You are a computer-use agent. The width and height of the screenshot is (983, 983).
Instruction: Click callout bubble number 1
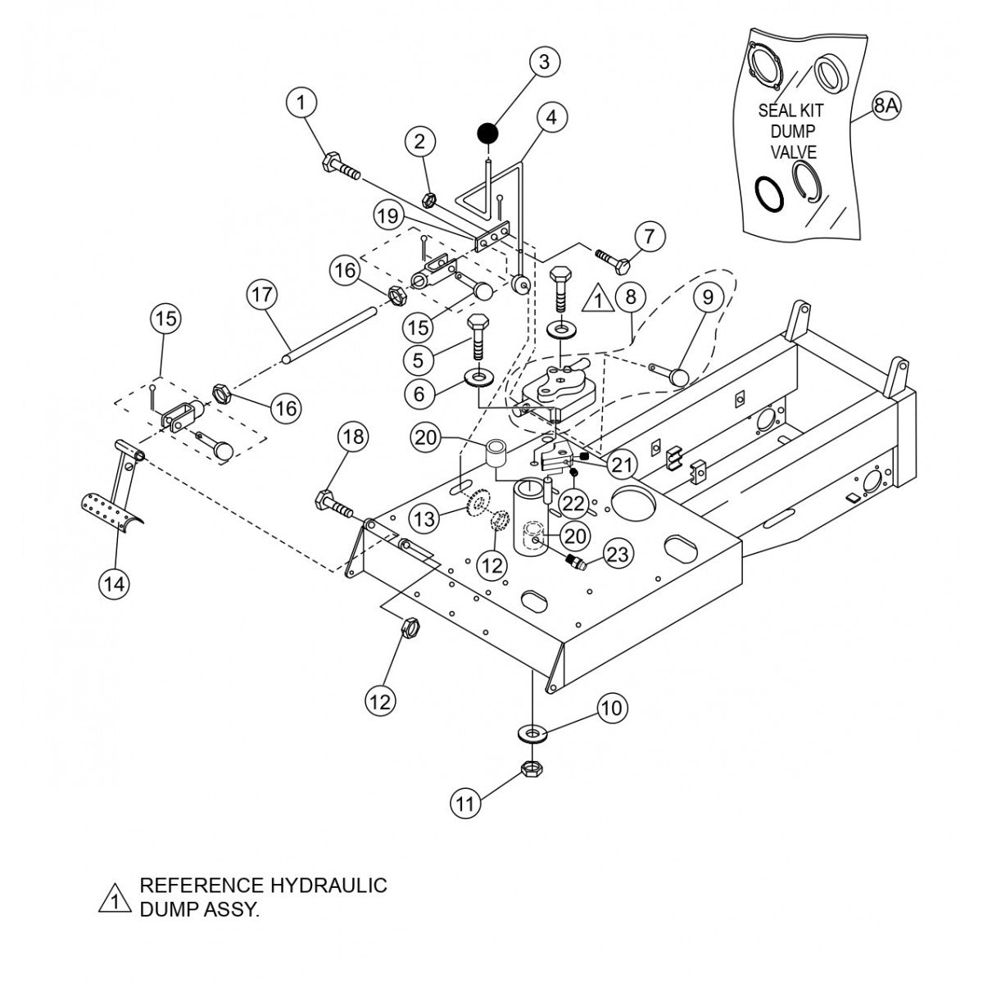301,103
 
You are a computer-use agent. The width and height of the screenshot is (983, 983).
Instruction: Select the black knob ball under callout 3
488,131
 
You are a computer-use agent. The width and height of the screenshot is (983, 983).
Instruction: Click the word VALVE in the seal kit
793,152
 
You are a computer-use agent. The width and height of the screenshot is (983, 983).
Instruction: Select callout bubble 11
465,804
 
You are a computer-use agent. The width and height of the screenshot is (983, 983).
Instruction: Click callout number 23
617,555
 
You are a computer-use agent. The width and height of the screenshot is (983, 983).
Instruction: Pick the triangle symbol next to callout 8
600,300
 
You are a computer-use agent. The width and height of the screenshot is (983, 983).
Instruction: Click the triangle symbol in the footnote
116,899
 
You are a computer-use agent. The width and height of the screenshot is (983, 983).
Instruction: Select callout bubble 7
649,238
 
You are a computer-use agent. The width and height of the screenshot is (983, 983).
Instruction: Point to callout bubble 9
709,297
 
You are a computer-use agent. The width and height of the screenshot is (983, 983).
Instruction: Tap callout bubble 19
388,216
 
